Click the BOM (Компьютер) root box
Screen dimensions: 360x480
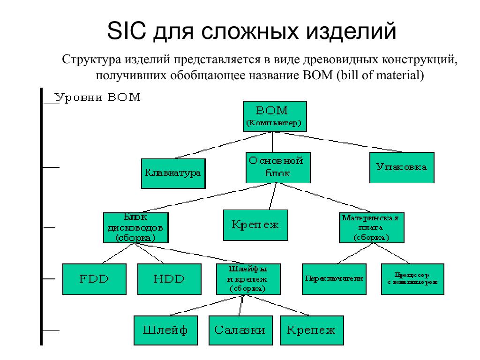pos(275,117)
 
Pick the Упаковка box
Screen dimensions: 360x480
pos(401,167)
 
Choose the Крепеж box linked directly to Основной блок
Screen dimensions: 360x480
pos(255,225)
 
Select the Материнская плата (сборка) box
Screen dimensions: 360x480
pos(371,228)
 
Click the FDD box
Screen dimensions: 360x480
pos(94,279)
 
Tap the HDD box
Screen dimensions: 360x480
pos(169,279)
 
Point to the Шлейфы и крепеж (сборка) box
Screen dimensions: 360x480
pos(248,279)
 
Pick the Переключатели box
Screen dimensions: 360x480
pos(334,279)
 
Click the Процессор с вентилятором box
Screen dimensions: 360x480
pos(412,279)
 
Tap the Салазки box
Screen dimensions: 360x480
pos(240,330)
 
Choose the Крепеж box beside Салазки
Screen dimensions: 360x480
pos(311,330)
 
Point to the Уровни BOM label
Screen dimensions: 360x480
pos(97,97)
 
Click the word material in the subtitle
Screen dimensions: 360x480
pos(398,75)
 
